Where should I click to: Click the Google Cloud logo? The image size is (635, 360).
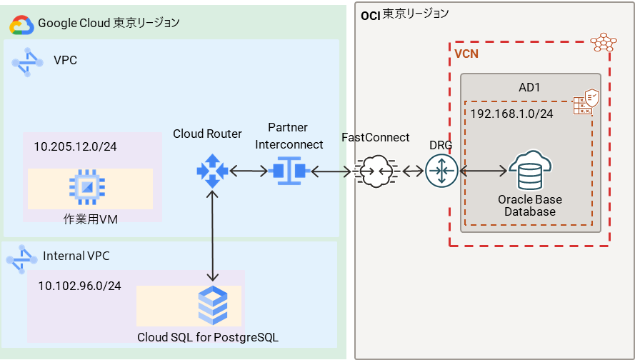point(21,25)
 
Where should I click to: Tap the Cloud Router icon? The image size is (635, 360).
point(211,171)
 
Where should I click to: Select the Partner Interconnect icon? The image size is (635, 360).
point(291,171)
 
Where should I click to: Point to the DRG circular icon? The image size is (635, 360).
point(441,171)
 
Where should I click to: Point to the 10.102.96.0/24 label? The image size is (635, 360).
point(79,286)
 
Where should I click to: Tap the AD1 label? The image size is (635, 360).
point(529,87)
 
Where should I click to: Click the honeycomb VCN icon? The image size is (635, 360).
point(604,42)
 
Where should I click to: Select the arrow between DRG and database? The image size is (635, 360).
point(483,171)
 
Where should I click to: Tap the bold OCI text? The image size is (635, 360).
point(369,14)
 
